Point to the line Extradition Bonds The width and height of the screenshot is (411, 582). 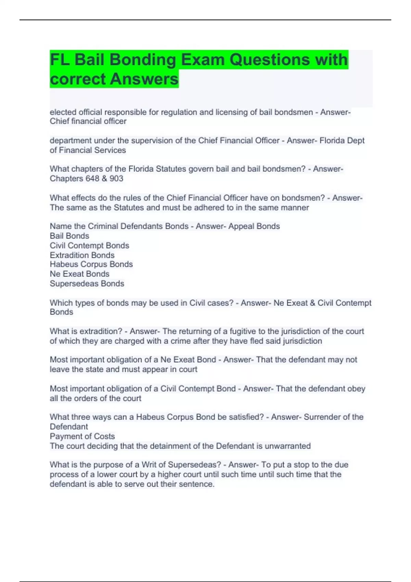[x=82, y=255]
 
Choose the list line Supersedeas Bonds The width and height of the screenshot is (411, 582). [x=87, y=283]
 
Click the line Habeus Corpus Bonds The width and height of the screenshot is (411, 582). [x=91, y=264]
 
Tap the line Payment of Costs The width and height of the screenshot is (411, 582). [x=82, y=436]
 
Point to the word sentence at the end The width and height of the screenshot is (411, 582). [x=199, y=484]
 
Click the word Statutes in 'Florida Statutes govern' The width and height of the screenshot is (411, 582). [x=171, y=169]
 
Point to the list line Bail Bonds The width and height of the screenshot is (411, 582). [x=70, y=236]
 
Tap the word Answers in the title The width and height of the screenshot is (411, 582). [x=144, y=79]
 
